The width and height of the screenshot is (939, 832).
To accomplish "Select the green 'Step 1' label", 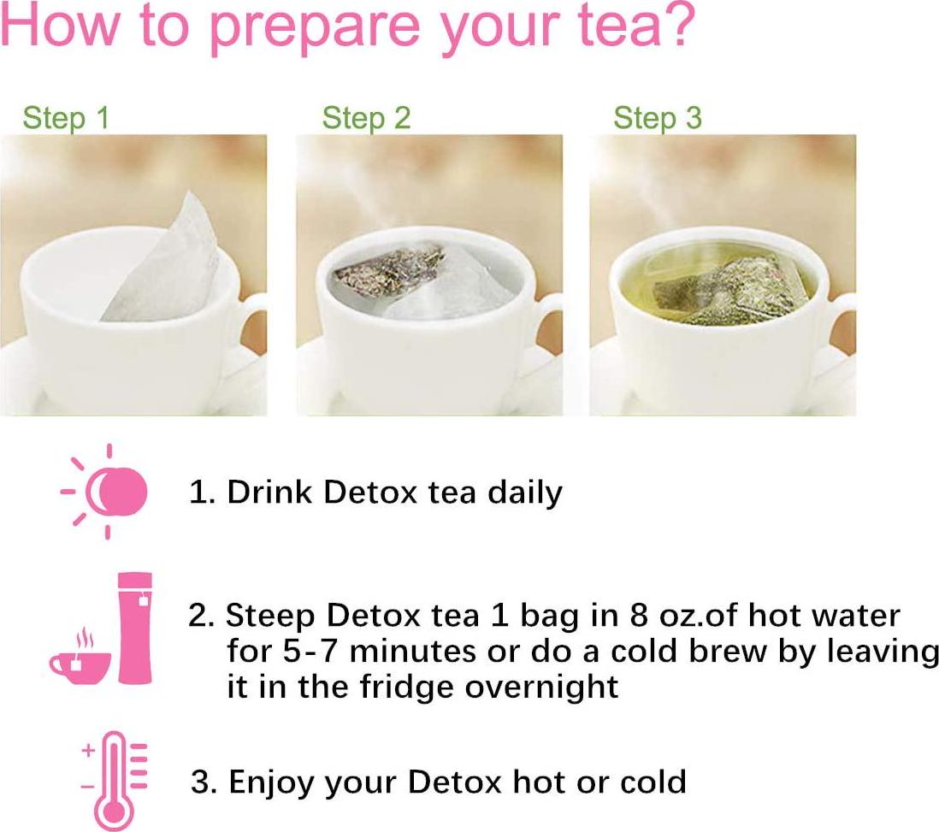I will point(66,118).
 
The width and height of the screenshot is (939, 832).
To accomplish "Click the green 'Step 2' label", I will point(366,118).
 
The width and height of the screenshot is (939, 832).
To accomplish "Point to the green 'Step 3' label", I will point(657,118).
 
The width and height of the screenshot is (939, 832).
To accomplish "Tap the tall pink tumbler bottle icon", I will point(135,628).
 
